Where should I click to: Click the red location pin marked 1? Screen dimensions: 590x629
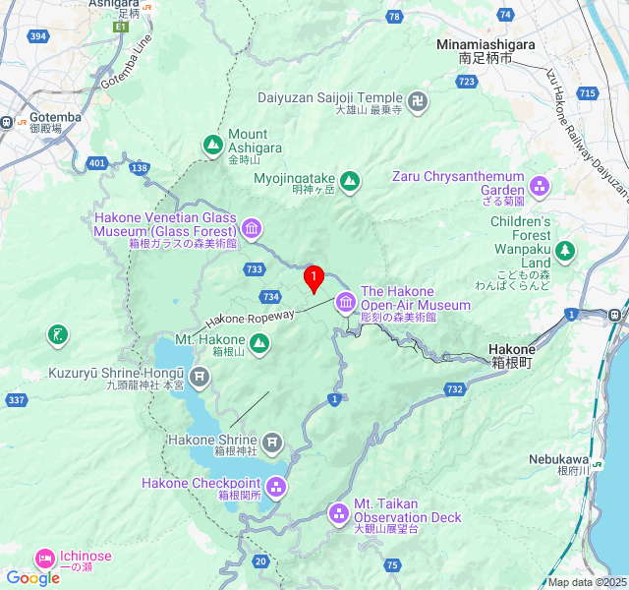314,278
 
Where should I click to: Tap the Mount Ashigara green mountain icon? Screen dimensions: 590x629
213,146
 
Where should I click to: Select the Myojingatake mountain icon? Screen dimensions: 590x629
350,180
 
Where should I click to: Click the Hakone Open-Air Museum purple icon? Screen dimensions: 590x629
345,302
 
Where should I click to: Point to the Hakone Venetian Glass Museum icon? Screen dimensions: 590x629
252,230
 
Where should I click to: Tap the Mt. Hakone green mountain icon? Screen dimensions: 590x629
258,343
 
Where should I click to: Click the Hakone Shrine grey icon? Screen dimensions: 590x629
272,443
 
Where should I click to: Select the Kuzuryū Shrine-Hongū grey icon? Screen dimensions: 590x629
200,377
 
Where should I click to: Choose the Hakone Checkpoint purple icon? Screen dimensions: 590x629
276,486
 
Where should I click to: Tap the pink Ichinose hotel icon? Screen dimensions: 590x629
45,558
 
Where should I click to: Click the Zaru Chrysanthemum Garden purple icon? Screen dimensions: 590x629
540,185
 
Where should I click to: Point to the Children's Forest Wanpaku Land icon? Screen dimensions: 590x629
564,251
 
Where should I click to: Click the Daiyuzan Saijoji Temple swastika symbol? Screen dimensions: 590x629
419,99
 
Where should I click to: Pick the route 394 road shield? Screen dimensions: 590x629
38,36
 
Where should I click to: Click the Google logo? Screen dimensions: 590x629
32,578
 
